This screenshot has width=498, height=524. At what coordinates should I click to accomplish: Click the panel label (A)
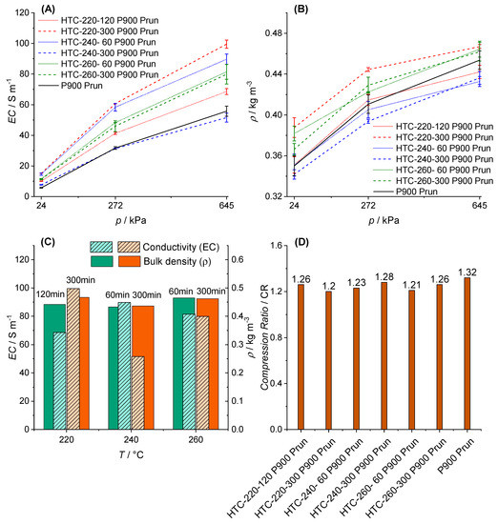48,10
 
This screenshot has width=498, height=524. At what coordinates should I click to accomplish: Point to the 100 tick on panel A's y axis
23,44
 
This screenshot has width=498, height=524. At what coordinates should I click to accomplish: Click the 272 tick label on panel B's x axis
368,206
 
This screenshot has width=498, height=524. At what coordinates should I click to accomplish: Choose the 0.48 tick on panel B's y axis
274,33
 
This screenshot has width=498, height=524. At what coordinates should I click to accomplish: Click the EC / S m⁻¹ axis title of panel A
13,101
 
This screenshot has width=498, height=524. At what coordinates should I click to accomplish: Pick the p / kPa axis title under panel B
384,221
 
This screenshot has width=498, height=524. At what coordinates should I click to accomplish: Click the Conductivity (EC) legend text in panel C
181,248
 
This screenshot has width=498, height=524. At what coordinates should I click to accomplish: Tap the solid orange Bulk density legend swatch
130,261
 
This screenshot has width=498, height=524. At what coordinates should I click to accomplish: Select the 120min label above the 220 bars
51,294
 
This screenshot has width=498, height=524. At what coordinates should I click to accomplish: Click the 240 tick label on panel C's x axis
131,440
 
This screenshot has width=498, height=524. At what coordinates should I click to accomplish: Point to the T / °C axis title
131,454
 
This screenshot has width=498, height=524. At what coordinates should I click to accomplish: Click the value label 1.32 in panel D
467,272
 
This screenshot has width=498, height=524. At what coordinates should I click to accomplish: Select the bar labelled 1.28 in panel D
384,356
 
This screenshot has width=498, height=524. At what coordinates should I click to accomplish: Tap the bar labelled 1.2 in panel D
328,360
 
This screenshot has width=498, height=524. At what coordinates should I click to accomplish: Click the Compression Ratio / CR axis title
264,337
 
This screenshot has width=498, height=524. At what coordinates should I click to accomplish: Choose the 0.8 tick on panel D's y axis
278,337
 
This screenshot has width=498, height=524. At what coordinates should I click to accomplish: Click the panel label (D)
301,242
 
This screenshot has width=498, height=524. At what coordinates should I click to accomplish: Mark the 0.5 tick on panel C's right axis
238,288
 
